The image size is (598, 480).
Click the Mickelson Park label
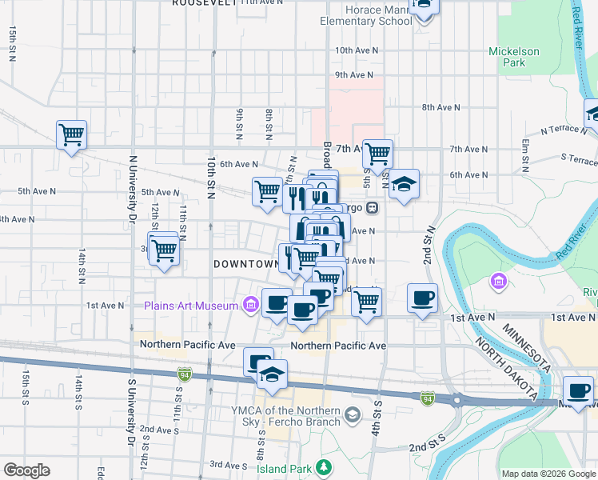click(514, 57)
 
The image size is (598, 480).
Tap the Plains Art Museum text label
click(191, 305)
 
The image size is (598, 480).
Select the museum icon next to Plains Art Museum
click(250, 305)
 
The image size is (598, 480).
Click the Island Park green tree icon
click(324, 466)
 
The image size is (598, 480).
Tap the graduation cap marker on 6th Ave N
click(404, 185)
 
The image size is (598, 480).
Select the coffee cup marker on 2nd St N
click(422, 299)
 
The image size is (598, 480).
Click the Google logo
click(26, 470)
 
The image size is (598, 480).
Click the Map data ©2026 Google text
click(548, 474)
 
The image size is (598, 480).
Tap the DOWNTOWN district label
click(245, 264)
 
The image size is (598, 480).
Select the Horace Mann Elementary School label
click(366, 15)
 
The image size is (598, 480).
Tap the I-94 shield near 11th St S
click(183, 374)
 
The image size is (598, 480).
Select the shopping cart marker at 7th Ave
click(377, 152)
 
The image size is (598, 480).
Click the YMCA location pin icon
click(353, 414)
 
